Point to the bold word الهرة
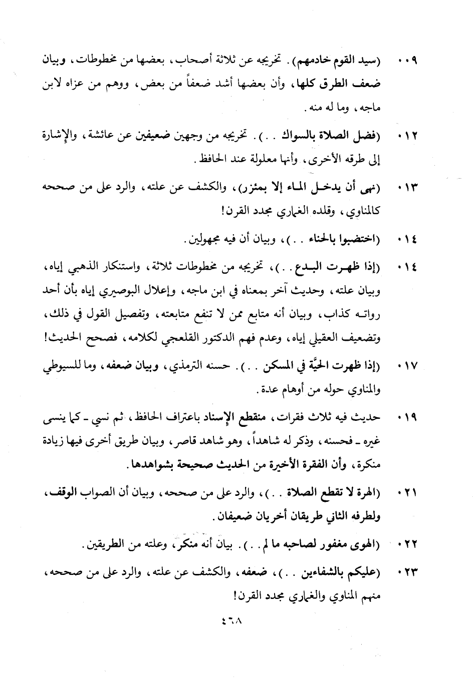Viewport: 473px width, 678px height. tap(363, 493)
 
